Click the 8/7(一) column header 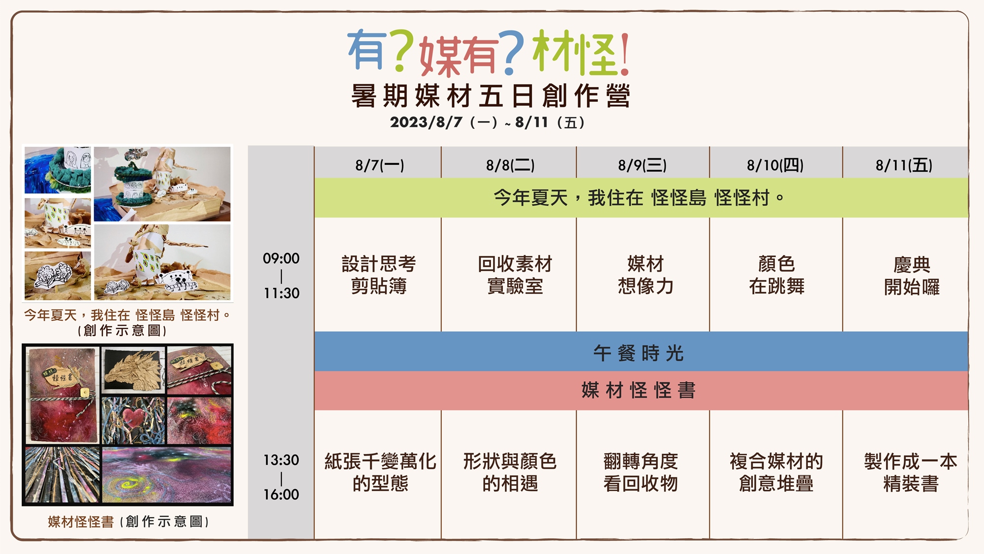tap(380, 165)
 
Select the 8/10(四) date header tap(775, 165)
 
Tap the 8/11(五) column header tap(904, 165)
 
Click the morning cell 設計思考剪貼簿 tap(379, 275)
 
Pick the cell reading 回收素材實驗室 tap(515, 275)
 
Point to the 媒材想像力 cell tap(646, 275)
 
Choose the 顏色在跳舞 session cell tap(777, 275)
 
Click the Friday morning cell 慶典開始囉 tap(912, 276)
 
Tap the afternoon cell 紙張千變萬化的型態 tap(380, 472)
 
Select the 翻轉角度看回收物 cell tap(641, 472)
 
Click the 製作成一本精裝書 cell tap(911, 472)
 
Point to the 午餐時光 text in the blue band tap(639, 353)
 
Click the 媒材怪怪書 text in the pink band tap(639, 390)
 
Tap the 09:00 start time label tap(281, 258)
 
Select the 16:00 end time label tap(281, 494)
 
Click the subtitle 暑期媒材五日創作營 tap(491, 95)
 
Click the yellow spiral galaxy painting tap(167, 474)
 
